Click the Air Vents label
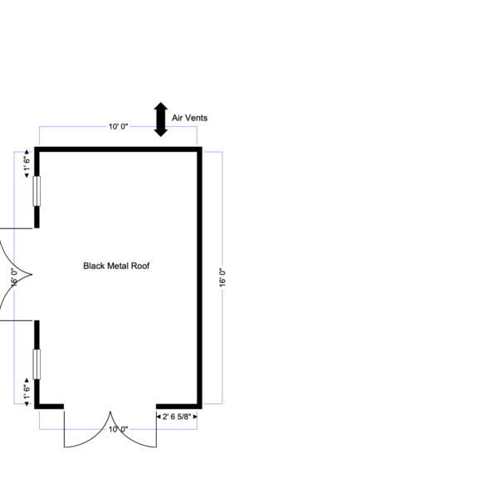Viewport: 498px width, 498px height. tap(189, 118)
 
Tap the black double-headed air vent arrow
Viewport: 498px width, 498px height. tap(161, 120)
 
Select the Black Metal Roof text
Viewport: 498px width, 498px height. tap(116, 266)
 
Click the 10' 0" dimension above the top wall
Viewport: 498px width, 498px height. tap(118, 127)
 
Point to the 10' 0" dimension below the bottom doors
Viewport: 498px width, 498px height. tap(118, 429)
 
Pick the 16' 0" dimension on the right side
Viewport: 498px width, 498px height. tap(222, 277)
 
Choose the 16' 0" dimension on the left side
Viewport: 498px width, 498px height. tap(13, 277)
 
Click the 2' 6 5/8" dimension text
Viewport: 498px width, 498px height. tap(177, 417)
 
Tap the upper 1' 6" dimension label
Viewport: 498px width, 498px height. tap(27, 164)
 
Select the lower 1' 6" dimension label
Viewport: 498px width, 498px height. tap(27, 392)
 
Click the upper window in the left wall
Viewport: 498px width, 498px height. tap(37, 191)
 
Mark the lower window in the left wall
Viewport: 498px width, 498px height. tap(37, 364)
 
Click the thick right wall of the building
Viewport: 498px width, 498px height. tap(199, 278)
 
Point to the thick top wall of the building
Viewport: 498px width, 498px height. tap(118, 149)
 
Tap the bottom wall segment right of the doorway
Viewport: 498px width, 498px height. tap(179, 407)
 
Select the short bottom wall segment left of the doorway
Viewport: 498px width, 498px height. tap(49, 407)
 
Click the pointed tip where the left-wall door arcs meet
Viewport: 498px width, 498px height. tap(32, 275)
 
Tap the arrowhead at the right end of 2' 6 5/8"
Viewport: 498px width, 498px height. tap(195, 417)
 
